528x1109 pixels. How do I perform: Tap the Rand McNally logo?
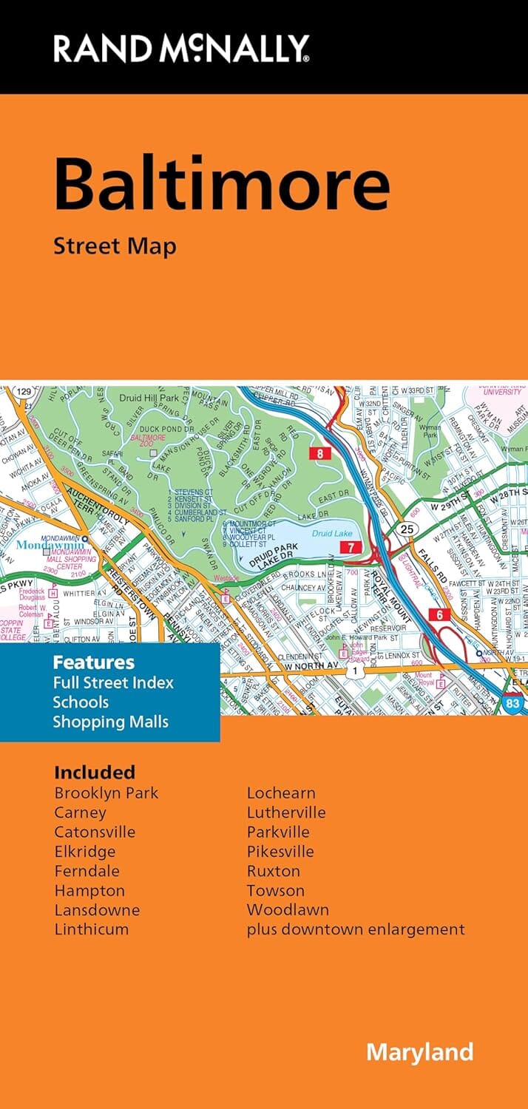(x=181, y=49)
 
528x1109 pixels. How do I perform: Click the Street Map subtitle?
(x=115, y=246)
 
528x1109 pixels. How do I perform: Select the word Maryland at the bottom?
(x=419, y=1051)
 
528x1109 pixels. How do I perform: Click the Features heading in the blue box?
(x=93, y=662)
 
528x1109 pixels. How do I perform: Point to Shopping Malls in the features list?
(x=110, y=722)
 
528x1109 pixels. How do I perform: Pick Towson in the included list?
(x=275, y=890)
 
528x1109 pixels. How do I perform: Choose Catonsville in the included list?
(x=95, y=832)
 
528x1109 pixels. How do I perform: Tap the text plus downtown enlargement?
(x=356, y=929)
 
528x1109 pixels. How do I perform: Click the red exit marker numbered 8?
(x=319, y=454)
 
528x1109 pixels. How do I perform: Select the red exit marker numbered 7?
(x=349, y=547)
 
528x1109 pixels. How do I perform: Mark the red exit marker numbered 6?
(x=439, y=614)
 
